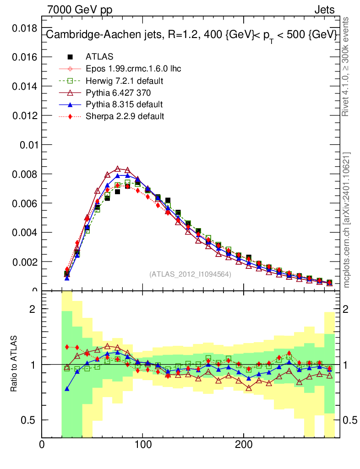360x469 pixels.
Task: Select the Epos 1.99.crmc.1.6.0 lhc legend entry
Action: (133, 69)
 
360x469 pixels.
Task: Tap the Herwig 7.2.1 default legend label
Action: (125, 81)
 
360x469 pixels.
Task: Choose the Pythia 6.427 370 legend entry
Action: (118, 93)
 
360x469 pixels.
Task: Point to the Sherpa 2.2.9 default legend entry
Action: (125, 116)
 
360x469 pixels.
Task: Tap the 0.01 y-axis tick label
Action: (27, 145)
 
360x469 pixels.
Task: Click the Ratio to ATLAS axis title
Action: (14, 365)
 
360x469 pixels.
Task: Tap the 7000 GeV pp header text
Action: (80, 10)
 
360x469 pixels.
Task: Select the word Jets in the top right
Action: (324, 10)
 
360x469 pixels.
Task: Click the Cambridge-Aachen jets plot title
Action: (191, 35)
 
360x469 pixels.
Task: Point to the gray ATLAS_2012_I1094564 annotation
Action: (190, 274)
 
